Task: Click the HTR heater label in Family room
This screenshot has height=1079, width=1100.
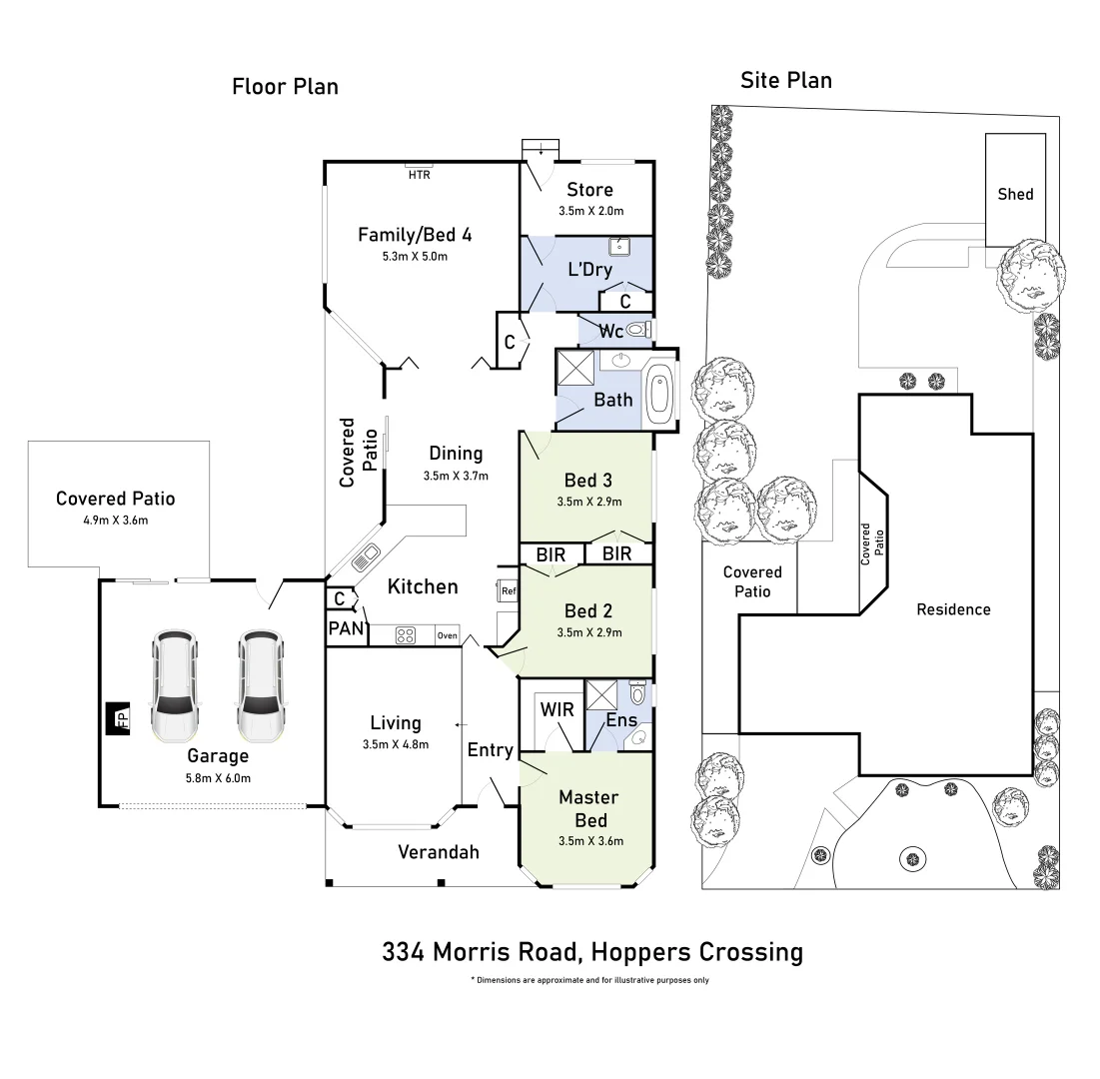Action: [419, 174]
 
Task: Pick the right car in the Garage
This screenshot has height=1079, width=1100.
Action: [258, 686]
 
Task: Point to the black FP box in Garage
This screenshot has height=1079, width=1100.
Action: [118, 717]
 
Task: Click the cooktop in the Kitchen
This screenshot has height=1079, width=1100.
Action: [406, 634]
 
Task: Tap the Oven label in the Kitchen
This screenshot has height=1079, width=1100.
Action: [447, 635]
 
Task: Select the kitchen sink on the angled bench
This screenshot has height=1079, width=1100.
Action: [365, 556]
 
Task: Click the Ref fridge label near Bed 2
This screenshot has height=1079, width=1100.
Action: [508, 590]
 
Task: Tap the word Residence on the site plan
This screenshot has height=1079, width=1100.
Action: [953, 609]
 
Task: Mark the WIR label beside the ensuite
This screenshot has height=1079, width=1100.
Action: [556, 709]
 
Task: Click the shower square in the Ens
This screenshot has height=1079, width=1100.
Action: [599, 694]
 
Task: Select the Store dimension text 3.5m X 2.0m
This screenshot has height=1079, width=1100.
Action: [589, 211]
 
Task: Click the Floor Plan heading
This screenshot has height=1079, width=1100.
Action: [285, 87]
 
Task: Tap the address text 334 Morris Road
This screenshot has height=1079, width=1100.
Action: [592, 952]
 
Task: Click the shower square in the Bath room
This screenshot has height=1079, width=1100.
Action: [575, 368]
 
